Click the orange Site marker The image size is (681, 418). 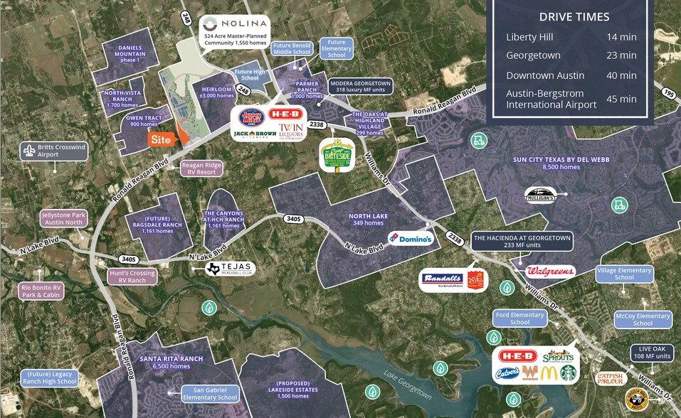pos(161,139)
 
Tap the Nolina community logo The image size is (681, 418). pos(235,23)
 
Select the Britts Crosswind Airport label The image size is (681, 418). pos(54,151)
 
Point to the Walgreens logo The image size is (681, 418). pos(550,271)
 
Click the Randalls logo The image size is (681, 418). pos(443,279)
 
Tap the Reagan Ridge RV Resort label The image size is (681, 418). pos(201,168)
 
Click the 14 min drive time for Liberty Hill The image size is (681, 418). pos(622,37)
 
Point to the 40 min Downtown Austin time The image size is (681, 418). pos(622,75)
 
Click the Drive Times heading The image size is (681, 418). pos(574,17)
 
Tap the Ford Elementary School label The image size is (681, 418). pos(520,318)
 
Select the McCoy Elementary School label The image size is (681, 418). pos(643,319)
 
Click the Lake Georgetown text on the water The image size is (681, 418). pos(408,384)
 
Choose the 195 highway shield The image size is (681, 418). pos(667,93)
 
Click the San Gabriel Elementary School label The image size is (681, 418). pos(209,393)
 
